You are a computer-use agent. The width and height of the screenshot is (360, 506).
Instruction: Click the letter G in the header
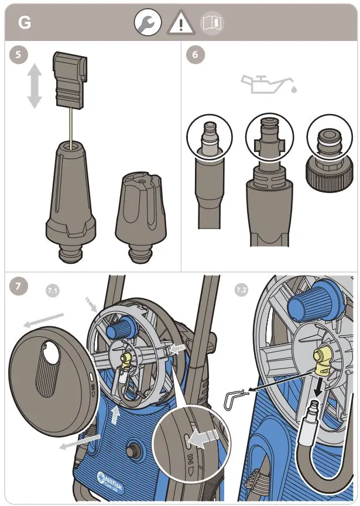click(x=25, y=23)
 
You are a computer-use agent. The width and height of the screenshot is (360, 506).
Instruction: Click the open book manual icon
click(x=212, y=23)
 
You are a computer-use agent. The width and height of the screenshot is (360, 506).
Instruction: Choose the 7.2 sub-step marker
click(x=240, y=291)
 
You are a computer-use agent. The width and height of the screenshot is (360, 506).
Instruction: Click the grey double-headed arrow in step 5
click(x=35, y=85)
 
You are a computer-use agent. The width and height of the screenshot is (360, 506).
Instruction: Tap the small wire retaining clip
click(x=235, y=399)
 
